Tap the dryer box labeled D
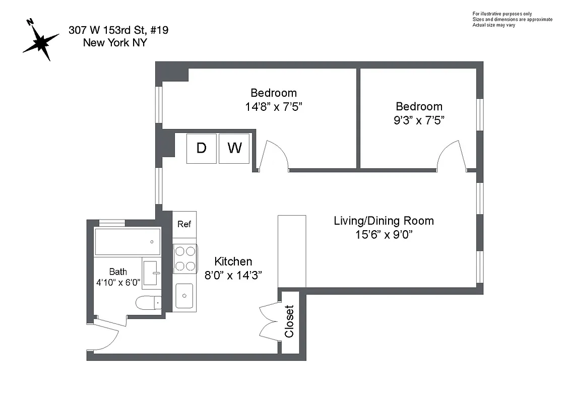point(201,148)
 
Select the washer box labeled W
point(234,148)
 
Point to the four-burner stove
point(184,258)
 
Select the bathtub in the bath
point(127,242)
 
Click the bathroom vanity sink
point(151,273)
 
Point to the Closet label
point(289,321)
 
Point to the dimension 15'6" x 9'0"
point(384,235)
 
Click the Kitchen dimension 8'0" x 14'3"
point(233,275)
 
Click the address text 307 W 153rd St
point(118,30)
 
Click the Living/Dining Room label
point(384,221)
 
